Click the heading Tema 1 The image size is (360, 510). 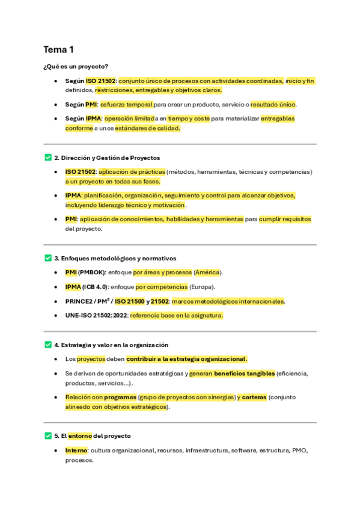click(x=58, y=49)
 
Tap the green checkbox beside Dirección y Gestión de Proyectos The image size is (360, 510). click(x=47, y=158)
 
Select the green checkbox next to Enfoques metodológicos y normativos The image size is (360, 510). click(x=47, y=258)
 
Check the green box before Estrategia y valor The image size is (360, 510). click(x=47, y=345)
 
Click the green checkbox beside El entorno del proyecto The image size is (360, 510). click(x=47, y=435)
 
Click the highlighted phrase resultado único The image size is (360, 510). click(x=273, y=105)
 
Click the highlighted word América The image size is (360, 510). click(x=207, y=272)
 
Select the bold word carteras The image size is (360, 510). click(x=254, y=397)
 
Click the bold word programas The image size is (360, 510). click(x=120, y=397)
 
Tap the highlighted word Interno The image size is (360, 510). click(x=76, y=450)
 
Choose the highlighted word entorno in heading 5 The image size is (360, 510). click(x=80, y=435)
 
